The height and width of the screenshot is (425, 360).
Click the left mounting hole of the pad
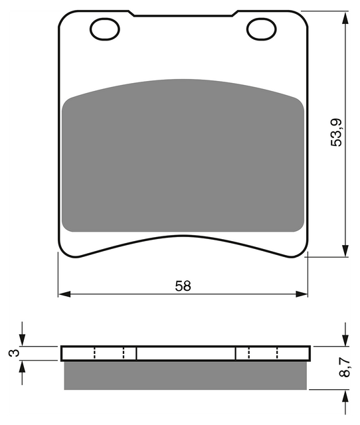[105, 29]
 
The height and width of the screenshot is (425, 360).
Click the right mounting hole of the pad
[261, 29]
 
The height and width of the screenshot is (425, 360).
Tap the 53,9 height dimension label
[336, 133]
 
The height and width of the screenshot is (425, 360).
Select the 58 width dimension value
[183, 286]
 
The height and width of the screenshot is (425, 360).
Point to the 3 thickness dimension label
[14, 353]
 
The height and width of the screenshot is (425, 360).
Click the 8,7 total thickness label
[344, 367]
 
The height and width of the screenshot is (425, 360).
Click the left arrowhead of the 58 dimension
[64, 294]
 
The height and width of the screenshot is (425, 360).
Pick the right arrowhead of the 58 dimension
[302, 294]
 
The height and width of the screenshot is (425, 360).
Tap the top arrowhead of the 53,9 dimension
[345, 18]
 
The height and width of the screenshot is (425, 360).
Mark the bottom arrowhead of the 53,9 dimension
[345, 251]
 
